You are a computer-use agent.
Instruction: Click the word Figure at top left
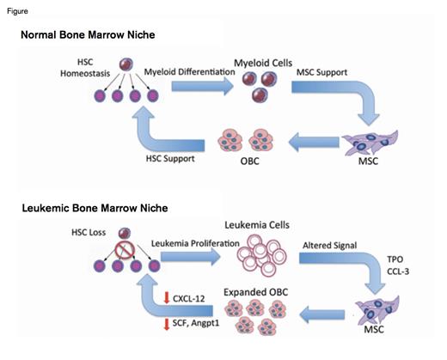(15, 8)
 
